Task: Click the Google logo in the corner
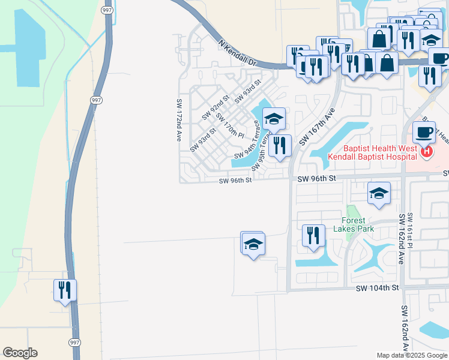coord(20,353)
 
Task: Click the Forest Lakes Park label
coord(358,224)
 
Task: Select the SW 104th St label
coord(377,288)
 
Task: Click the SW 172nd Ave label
coord(178,120)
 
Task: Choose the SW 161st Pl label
coord(411,231)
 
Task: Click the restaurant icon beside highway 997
coord(65,290)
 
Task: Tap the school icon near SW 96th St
coord(379,194)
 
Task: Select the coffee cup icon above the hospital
coord(424,131)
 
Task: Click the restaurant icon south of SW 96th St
coord(313,235)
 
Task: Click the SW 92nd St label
coord(216,106)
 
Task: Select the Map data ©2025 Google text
coord(411,355)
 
